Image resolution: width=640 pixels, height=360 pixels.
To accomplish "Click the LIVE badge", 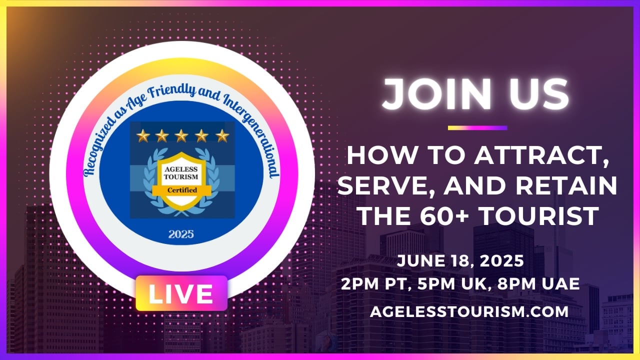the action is click(x=181, y=293).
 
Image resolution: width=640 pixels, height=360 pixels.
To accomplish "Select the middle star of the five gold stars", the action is click(x=181, y=135).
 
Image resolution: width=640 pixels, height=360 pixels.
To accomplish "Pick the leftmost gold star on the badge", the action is click(x=143, y=135).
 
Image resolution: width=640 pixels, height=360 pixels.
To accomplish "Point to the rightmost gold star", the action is click(x=222, y=135).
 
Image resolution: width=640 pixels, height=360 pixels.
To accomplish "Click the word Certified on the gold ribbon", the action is click(x=182, y=190).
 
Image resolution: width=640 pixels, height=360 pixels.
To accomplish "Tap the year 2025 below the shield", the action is click(x=181, y=234).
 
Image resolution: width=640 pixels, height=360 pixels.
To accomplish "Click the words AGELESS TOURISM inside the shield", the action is click(x=181, y=173).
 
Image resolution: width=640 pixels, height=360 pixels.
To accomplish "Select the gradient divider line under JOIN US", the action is click(x=477, y=128).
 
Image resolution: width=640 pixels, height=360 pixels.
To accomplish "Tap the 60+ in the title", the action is click(x=444, y=216).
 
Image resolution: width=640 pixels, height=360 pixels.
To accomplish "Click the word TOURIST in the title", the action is click(x=539, y=216).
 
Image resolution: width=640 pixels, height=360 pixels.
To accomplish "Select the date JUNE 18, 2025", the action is click(x=460, y=261).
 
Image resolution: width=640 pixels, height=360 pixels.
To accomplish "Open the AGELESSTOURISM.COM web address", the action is click(x=469, y=311).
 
